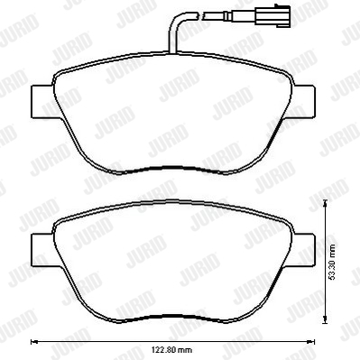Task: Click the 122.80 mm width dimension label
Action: tap(172, 350)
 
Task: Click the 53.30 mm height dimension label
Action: tap(333, 263)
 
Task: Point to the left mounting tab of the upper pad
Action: tap(43, 102)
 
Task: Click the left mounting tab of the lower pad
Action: tap(43, 250)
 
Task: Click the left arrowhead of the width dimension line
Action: tap(34, 342)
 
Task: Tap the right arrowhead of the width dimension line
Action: tap(311, 342)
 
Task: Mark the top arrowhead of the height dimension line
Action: tap(325, 203)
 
